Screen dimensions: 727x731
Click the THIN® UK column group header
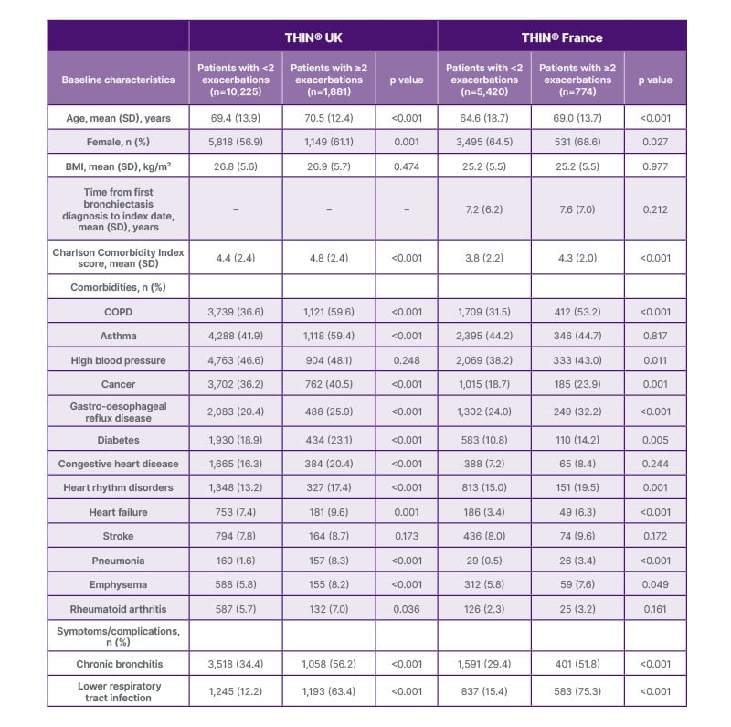pyautogui.click(x=313, y=37)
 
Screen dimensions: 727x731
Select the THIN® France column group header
pyautogui.click(x=561, y=37)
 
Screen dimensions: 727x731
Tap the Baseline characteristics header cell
pyautogui.click(x=118, y=80)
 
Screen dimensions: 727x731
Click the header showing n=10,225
pyautogui.click(x=236, y=80)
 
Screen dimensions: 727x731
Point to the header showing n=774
pyautogui.click(x=577, y=80)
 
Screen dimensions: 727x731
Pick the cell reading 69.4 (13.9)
pyautogui.click(x=236, y=118)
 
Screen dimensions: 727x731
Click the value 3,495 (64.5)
pyautogui.click(x=484, y=142)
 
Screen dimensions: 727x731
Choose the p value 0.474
pyautogui.click(x=407, y=166)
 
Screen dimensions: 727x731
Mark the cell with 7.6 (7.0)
pyautogui.click(x=577, y=209)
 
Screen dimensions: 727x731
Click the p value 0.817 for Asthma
pyautogui.click(x=655, y=337)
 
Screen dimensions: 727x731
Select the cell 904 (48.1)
pyautogui.click(x=329, y=360)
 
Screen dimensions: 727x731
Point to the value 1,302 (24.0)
pyautogui.click(x=484, y=412)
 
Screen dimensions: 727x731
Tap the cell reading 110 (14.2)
pyautogui.click(x=577, y=439)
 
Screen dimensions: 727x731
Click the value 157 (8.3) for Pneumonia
pyautogui.click(x=329, y=561)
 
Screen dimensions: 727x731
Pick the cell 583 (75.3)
pyautogui.click(x=577, y=691)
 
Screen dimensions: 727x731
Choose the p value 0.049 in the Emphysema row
pyautogui.click(x=655, y=584)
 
